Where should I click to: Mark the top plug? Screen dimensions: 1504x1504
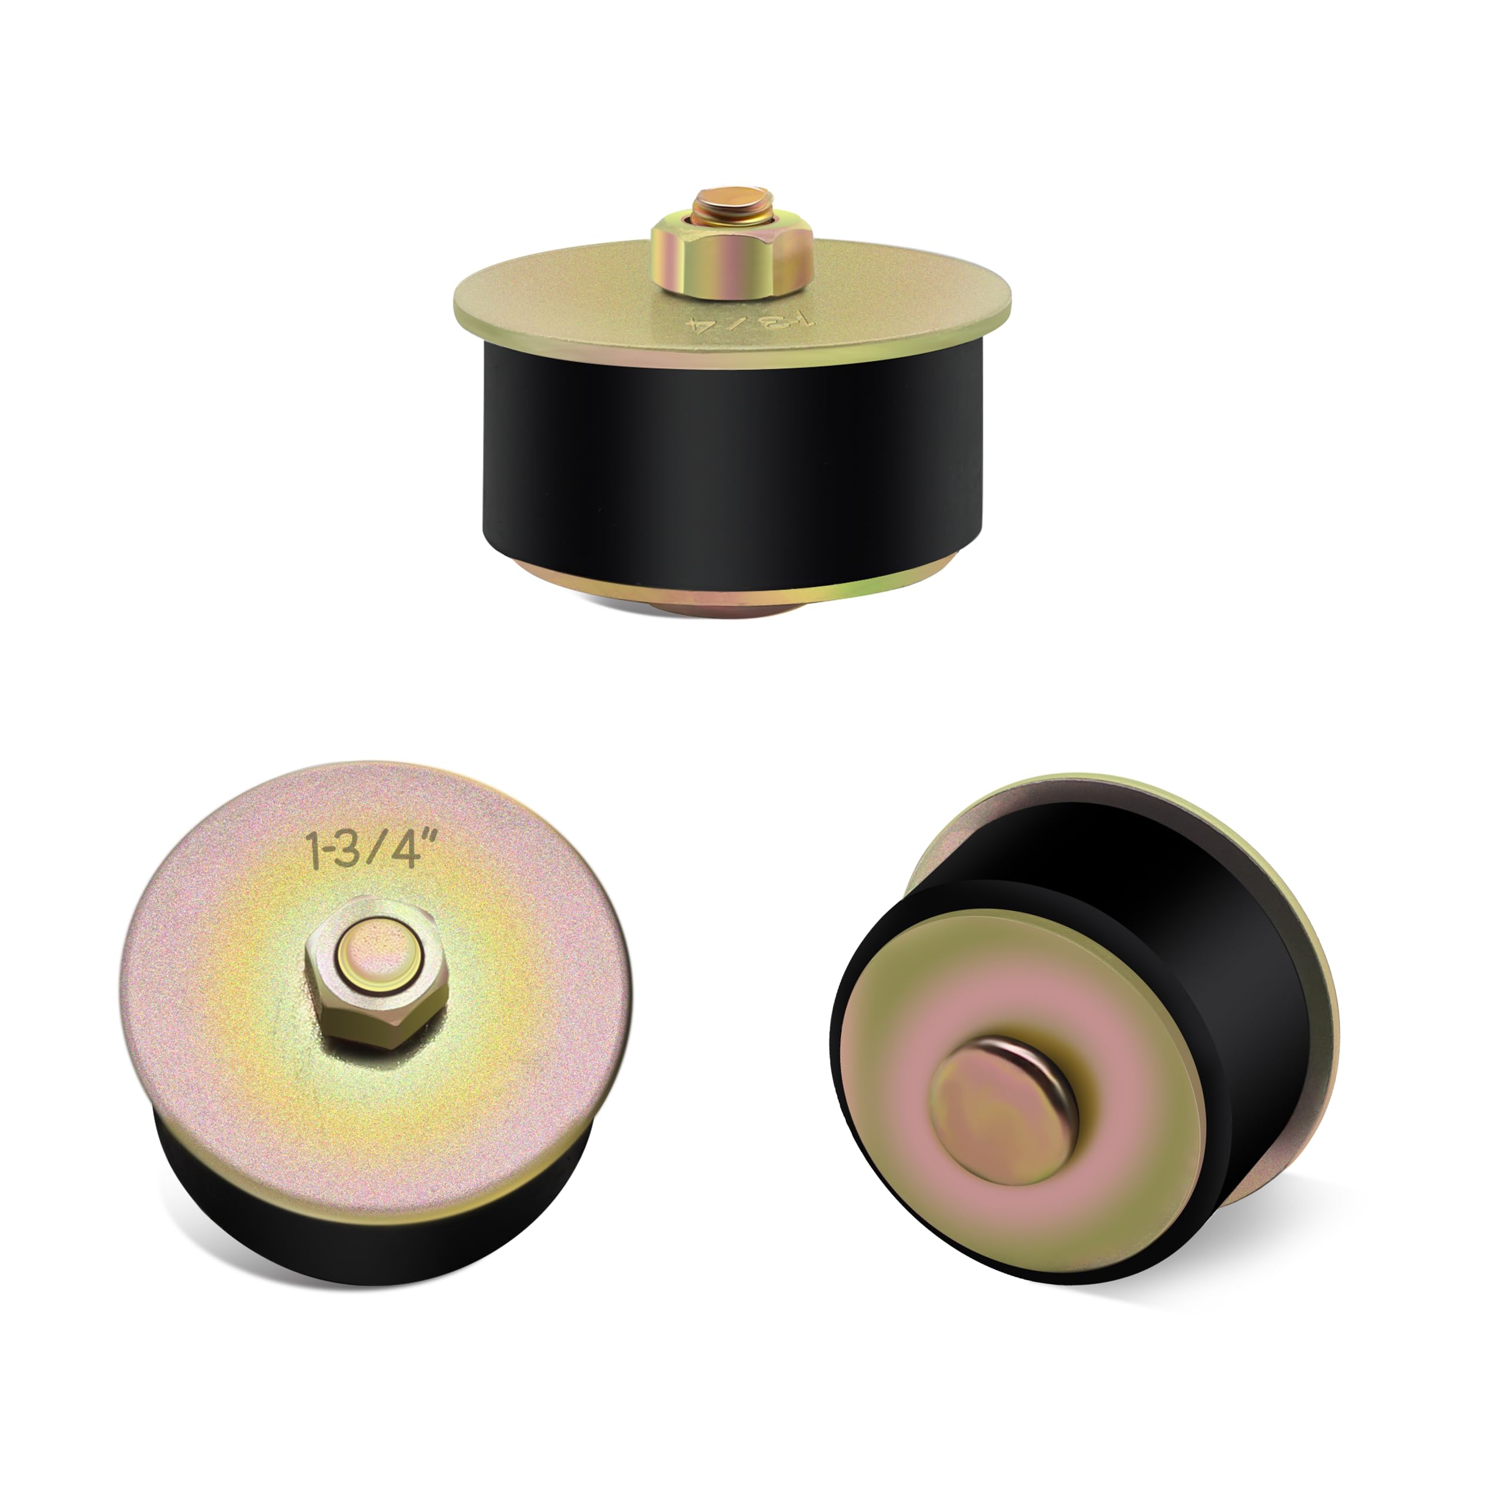[732, 405]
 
